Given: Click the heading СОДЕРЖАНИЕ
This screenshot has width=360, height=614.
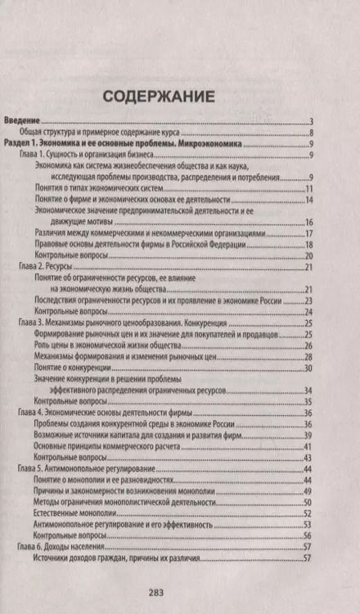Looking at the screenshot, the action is coord(160,97).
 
